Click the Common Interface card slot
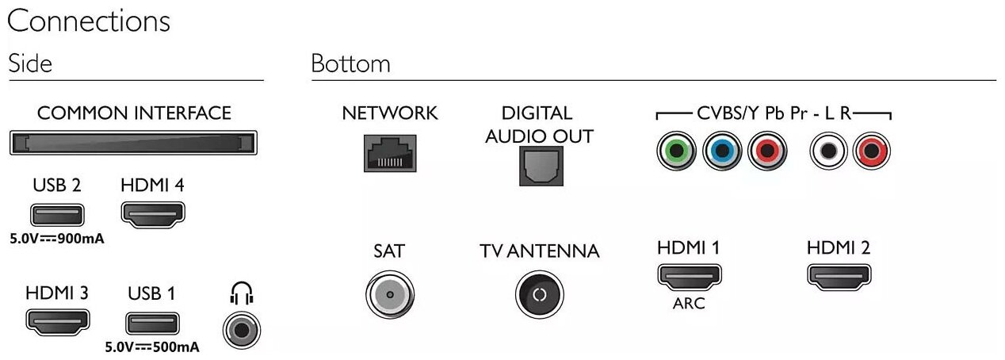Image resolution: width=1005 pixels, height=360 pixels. [134, 144]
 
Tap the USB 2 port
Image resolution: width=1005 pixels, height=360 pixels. [57, 213]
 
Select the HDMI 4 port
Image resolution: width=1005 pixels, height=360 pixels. [153, 213]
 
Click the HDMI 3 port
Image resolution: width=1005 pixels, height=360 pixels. [57, 321]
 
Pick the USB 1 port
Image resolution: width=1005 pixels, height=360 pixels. [152, 323]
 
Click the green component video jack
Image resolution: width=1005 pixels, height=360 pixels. [676, 151]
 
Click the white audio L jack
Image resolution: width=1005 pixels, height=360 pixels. [827, 151]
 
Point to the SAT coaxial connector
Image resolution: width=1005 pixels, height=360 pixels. [389, 295]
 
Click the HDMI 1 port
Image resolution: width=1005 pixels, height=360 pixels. [688, 277]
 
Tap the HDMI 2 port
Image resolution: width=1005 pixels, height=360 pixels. [838, 276]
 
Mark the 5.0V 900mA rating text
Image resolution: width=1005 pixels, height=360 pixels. [57, 238]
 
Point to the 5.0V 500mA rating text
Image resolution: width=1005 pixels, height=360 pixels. [152, 347]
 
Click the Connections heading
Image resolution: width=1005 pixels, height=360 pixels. [88, 21]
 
